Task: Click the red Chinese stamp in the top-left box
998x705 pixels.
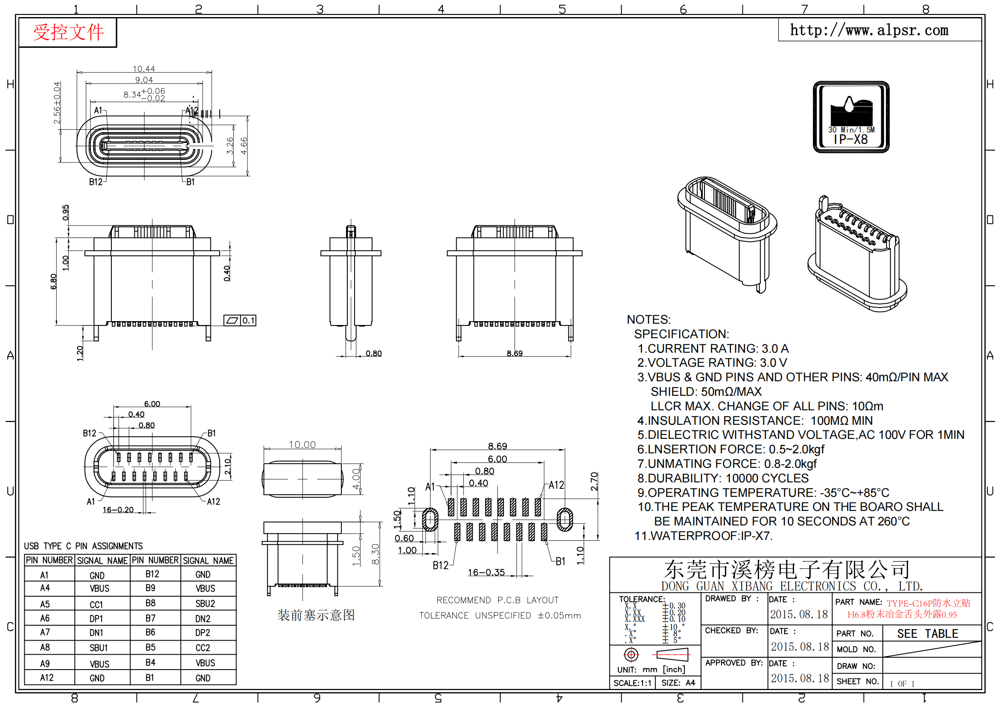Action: click(x=68, y=32)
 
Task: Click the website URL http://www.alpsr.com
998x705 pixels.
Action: click(x=869, y=30)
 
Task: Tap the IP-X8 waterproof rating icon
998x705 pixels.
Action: click(x=851, y=117)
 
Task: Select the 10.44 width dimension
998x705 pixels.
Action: click(x=144, y=69)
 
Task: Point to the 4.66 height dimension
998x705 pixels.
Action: click(x=244, y=145)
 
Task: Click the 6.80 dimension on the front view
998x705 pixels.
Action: click(x=53, y=281)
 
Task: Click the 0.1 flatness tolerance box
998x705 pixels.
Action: click(x=240, y=321)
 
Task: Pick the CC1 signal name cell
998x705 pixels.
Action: click(x=96, y=605)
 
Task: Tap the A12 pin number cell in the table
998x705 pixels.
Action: click(x=47, y=678)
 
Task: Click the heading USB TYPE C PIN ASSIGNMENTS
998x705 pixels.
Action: click(x=84, y=546)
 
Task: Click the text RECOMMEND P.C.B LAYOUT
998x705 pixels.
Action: click(x=497, y=600)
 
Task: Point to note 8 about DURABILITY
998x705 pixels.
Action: click(x=723, y=478)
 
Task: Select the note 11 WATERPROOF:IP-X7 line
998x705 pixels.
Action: click(x=704, y=536)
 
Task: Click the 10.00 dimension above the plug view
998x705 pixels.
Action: click(x=303, y=444)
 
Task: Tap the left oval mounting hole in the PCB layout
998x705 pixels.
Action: click(x=431, y=519)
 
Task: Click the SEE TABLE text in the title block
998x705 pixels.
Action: click(x=928, y=633)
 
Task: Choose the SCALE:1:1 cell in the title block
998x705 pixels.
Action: click(x=632, y=683)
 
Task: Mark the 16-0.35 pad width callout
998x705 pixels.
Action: click(x=486, y=572)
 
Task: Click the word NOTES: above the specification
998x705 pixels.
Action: click(x=649, y=320)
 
